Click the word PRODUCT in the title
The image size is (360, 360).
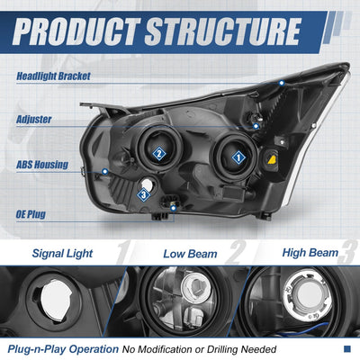click(76, 31)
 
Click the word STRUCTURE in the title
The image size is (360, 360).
click(222, 31)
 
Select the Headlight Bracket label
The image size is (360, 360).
click(53, 76)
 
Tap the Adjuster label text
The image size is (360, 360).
click(33, 120)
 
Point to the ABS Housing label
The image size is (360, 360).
click(42, 165)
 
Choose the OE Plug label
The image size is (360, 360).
click(31, 214)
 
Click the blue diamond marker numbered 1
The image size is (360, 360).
click(238, 157)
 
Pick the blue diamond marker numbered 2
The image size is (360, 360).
click(159, 154)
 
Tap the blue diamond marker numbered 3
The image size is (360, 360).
click(144, 195)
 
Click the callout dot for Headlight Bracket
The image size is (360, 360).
click(282, 83)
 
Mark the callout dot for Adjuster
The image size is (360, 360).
click(256, 126)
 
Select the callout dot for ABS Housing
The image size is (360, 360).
click(104, 172)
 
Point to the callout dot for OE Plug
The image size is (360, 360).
click(173, 208)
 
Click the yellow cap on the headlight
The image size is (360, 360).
click(273, 160)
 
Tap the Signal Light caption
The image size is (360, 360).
click(62, 254)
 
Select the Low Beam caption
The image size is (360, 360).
click(190, 254)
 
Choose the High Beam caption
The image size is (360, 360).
click(310, 253)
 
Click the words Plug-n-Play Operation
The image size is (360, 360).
click(63, 349)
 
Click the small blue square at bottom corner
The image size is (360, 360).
click(347, 348)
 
